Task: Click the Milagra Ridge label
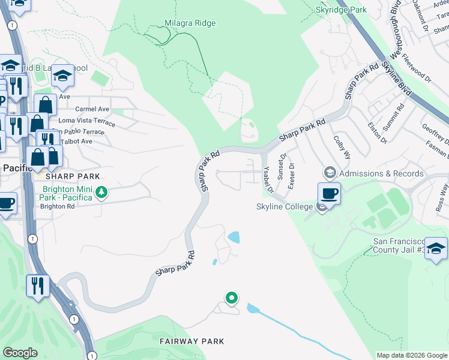tap(190, 23)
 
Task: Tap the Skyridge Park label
tap(341, 10)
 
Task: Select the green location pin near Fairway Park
tap(231, 298)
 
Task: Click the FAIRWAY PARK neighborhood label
tap(192, 341)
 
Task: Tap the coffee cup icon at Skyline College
tap(329, 194)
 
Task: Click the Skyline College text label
tap(285, 207)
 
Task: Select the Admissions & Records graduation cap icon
tap(329, 173)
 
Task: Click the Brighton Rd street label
tap(57, 206)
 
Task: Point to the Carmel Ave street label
tap(92, 109)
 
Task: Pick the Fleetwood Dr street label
tap(417, 67)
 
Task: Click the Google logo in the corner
tap(20, 353)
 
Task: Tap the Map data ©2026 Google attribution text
tap(411, 355)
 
